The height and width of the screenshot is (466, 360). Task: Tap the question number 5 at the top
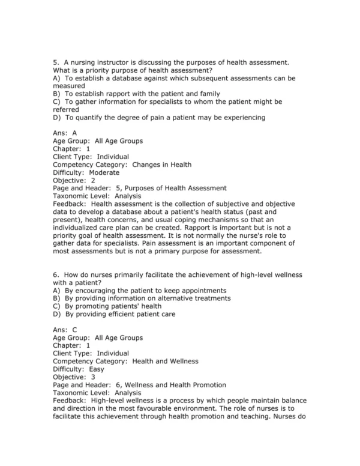tap(55, 62)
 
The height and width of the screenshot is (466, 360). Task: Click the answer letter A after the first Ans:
tap(74, 133)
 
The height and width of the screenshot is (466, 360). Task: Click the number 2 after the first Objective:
tap(93, 180)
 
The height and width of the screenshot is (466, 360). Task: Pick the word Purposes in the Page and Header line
tap(148, 188)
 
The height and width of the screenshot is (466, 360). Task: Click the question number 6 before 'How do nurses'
tap(55, 274)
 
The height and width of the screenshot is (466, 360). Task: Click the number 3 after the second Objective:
tap(93, 377)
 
